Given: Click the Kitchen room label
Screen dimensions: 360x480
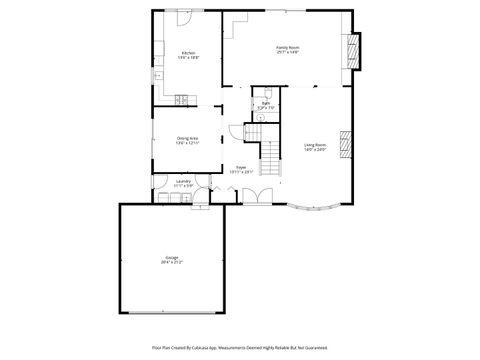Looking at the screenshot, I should pyautogui.click(x=188, y=52).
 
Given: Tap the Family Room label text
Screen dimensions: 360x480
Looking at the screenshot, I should pyautogui.click(x=287, y=47).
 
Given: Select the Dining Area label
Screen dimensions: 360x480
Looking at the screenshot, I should pyautogui.click(x=188, y=138).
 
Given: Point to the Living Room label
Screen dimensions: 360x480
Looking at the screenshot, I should pyautogui.click(x=316, y=145).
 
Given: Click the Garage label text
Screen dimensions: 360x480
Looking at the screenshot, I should pyautogui.click(x=173, y=258).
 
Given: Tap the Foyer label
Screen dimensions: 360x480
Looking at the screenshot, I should pyautogui.click(x=241, y=167).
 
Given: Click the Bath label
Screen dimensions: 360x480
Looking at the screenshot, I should pyautogui.click(x=266, y=103).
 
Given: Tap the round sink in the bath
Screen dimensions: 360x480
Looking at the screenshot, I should pyautogui.click(x=260, y=117).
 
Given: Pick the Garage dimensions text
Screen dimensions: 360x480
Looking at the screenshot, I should pyautogui.click(x=173, y=263).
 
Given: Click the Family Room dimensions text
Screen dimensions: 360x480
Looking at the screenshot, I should pyautogui.click(x=287, y=53).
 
